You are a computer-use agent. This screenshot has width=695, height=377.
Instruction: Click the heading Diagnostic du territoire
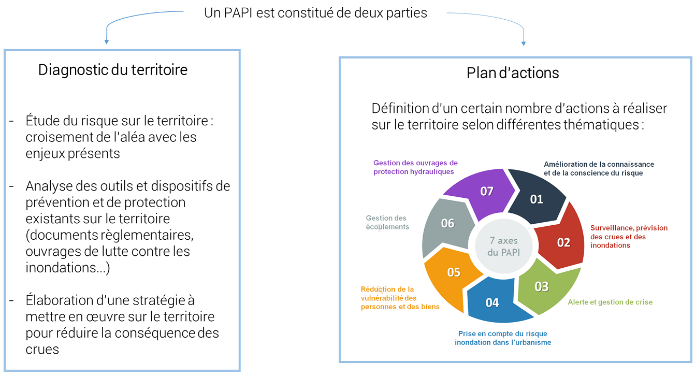point(113,70)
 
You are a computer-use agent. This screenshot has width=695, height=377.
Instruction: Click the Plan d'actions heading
point(513,73)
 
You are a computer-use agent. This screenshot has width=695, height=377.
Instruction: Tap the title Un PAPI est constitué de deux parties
point(315,13)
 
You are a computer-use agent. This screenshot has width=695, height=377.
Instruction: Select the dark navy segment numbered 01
point(537,198)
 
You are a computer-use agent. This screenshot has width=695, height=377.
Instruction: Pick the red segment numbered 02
point(563,242)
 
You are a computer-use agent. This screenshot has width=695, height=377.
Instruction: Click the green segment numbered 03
point(541,286)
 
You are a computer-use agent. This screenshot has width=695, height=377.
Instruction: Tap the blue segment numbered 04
point(493,302)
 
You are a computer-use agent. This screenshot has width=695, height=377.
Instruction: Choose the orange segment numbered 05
point(454,272)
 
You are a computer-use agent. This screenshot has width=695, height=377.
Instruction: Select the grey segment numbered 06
point(447,224)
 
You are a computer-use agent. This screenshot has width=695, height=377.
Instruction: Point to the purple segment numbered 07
point(486,191)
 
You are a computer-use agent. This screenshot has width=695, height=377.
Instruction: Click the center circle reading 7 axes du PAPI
point(503,247)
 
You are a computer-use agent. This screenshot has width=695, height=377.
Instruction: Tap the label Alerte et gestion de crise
point(610,302)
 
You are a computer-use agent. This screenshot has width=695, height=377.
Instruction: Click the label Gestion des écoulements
point(387,223)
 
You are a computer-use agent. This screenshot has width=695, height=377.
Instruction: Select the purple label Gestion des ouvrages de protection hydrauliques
point(415,167)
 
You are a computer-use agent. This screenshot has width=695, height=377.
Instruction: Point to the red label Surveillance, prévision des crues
point(629,236)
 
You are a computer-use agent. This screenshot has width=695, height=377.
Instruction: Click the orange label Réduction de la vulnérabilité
point(400,298)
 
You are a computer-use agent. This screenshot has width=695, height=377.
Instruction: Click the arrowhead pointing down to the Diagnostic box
point(106,41)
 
